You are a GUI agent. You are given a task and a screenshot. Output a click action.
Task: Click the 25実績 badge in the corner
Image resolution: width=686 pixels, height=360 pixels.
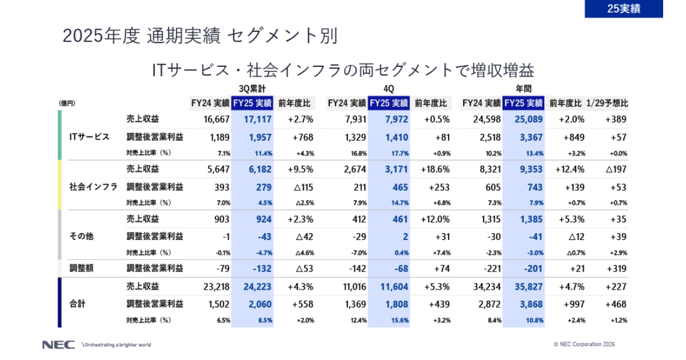[x=624, y=9]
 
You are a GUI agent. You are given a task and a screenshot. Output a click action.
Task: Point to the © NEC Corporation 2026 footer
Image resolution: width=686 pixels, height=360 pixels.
[x=584, y=345]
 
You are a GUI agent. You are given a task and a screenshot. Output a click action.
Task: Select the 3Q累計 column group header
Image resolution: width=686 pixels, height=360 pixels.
[x=252, y=89]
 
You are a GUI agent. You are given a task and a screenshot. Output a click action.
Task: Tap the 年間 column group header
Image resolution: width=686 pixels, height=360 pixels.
[x=523, y=89]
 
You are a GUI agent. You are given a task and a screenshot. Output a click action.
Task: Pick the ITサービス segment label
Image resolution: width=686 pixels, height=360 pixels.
[x=89, y=137]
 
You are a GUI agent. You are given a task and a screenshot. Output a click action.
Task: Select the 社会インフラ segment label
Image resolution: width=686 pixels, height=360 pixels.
[x=93, y=186]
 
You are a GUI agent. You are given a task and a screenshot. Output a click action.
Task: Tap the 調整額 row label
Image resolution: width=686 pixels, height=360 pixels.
[x=81, y=268]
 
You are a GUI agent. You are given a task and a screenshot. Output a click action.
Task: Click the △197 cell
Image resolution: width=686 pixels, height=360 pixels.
[x=615, y=170]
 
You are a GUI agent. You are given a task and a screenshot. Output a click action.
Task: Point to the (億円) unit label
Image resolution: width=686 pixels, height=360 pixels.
[x=67, y=103]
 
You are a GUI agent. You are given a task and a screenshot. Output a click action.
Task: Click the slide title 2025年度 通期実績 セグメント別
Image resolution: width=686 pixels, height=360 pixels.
[x=200, y=36]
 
